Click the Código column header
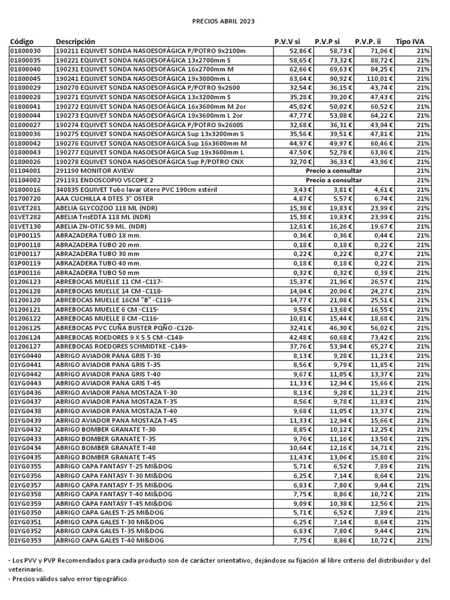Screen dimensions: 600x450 (x=22, y=42)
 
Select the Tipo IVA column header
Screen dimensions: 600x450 (x=410, y=42)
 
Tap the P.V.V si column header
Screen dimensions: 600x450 (x=287, y=42)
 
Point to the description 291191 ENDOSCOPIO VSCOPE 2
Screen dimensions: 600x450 (x=104, y=180)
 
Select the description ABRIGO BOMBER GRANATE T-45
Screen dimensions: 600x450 (x=105, y=456)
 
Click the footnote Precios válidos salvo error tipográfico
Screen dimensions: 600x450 (x=68, y=579)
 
